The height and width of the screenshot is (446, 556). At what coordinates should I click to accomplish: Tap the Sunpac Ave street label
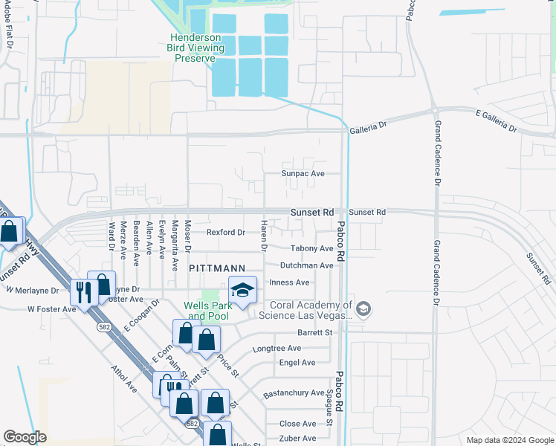(x=303, y=173)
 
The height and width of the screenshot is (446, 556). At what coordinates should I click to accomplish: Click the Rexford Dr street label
(x=225, y=233)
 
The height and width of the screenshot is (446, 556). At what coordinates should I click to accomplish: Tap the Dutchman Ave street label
(x=306, y=265)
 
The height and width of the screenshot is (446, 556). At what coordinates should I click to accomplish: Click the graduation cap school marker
(x=242, y=291)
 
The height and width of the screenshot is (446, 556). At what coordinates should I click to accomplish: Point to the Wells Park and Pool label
(x=207, y=311)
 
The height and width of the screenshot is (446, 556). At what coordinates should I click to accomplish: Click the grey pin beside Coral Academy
(x=363, y=308)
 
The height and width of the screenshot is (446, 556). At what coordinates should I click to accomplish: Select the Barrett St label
(x=314, y=333)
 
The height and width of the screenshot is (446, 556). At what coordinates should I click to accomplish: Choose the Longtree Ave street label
(x=277, y=348)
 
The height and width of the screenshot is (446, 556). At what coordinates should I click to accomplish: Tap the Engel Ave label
(x=297, y=363)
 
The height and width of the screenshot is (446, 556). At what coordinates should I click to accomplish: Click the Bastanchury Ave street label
(x=294, y=392)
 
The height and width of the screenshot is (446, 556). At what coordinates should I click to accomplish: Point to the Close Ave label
(x=297, y=424)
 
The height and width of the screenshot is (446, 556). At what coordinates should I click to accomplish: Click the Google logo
(x=24, y=437)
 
